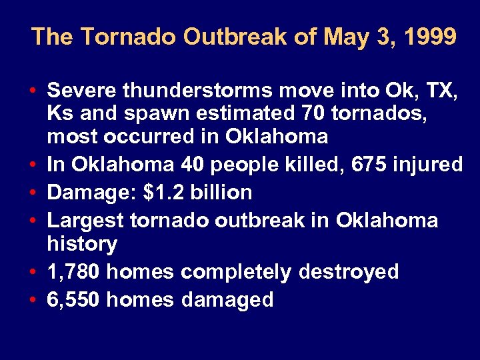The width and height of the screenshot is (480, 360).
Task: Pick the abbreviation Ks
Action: pyautogui.click(x=59, y=113)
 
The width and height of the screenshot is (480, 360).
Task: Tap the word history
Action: pyautogui.click(x=82, y=244)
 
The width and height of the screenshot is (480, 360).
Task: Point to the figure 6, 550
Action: pyautogui.click(x=74, y=299)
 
